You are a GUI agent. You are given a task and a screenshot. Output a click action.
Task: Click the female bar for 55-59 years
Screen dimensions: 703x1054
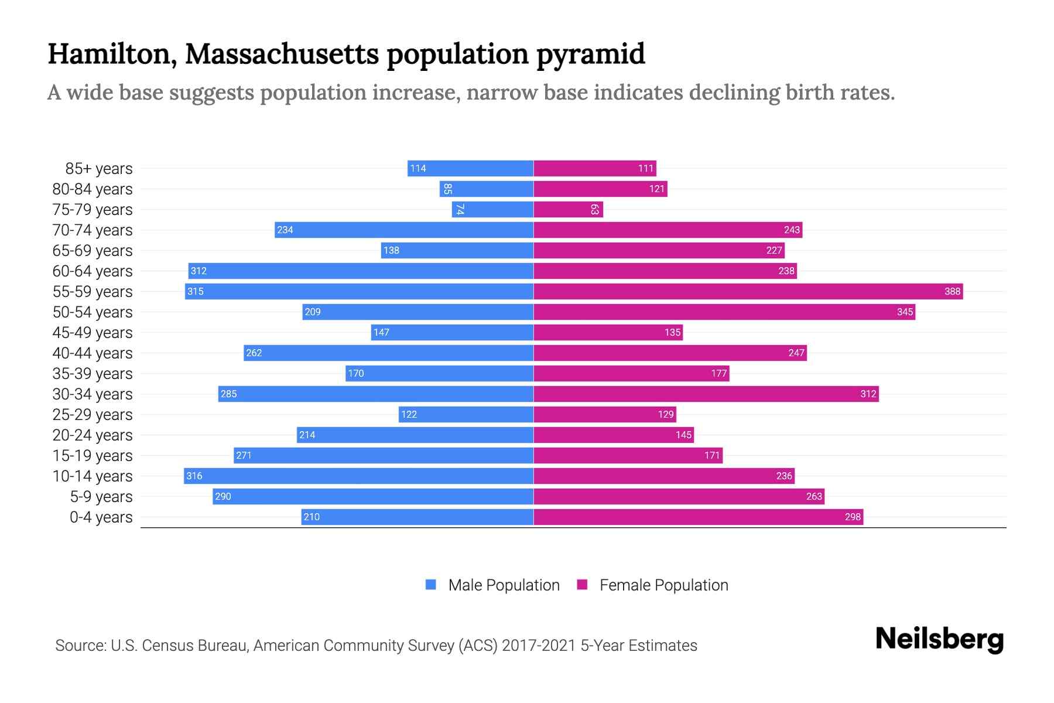[748, 291]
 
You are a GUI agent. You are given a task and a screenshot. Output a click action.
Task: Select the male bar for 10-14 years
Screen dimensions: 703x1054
[358, 476]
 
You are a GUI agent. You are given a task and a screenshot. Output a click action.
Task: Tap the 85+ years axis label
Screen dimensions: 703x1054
[99, 169]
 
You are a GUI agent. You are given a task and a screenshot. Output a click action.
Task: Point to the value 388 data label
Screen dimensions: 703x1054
[952, 291]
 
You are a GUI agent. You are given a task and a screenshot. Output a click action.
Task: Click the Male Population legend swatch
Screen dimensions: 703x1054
[431, 585]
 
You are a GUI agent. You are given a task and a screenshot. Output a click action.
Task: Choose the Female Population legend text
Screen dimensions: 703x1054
[663, 585]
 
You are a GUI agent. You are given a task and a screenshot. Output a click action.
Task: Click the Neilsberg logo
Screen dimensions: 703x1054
[939, 639]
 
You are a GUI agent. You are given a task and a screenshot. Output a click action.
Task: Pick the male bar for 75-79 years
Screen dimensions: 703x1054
[492, 209]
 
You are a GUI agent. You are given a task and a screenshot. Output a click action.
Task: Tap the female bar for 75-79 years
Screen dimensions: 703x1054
[568, 209]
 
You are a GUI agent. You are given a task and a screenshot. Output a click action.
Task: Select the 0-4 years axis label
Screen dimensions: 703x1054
[101, 517]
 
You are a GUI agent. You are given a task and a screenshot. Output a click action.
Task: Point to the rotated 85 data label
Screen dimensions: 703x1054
[447, 189]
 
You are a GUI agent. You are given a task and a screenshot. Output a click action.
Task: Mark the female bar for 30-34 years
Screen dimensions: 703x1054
[706, 394]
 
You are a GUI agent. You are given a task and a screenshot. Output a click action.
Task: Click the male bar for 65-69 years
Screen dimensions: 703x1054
[457, 250]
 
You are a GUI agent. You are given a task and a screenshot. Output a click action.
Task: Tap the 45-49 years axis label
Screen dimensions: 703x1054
[93, 333]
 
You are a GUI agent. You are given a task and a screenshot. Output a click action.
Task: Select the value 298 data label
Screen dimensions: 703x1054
[853, 517]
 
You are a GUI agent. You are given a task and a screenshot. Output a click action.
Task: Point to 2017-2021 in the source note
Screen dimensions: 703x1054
[538, 646]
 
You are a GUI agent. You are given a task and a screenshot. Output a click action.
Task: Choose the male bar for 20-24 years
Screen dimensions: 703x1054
[415, 435]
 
